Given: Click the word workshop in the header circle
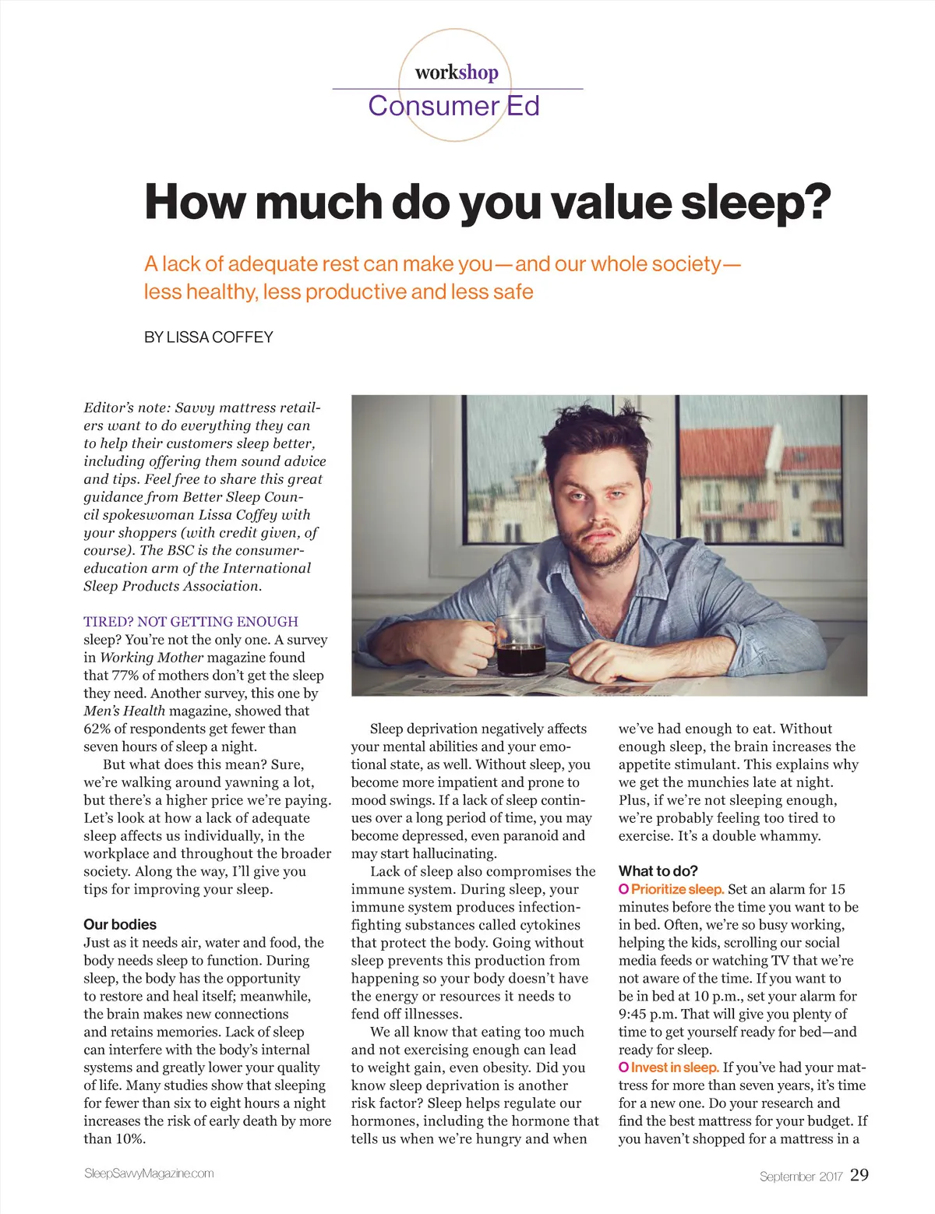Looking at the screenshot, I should point(457,72).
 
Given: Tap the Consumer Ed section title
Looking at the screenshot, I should point(453,106).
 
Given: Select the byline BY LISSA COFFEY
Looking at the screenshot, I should point(209,337).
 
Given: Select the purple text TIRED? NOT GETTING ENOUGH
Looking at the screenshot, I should point(191,622).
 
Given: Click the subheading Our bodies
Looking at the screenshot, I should point(120,925).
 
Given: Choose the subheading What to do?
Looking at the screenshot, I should point(658,871).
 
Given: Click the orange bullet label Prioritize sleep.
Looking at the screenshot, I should point(677,889).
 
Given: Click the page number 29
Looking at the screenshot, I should point(859,1175).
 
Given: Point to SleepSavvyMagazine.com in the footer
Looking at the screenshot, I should point(149,1173).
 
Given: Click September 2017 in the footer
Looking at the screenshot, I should point(801,1177).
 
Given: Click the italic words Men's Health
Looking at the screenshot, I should point(125,711).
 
